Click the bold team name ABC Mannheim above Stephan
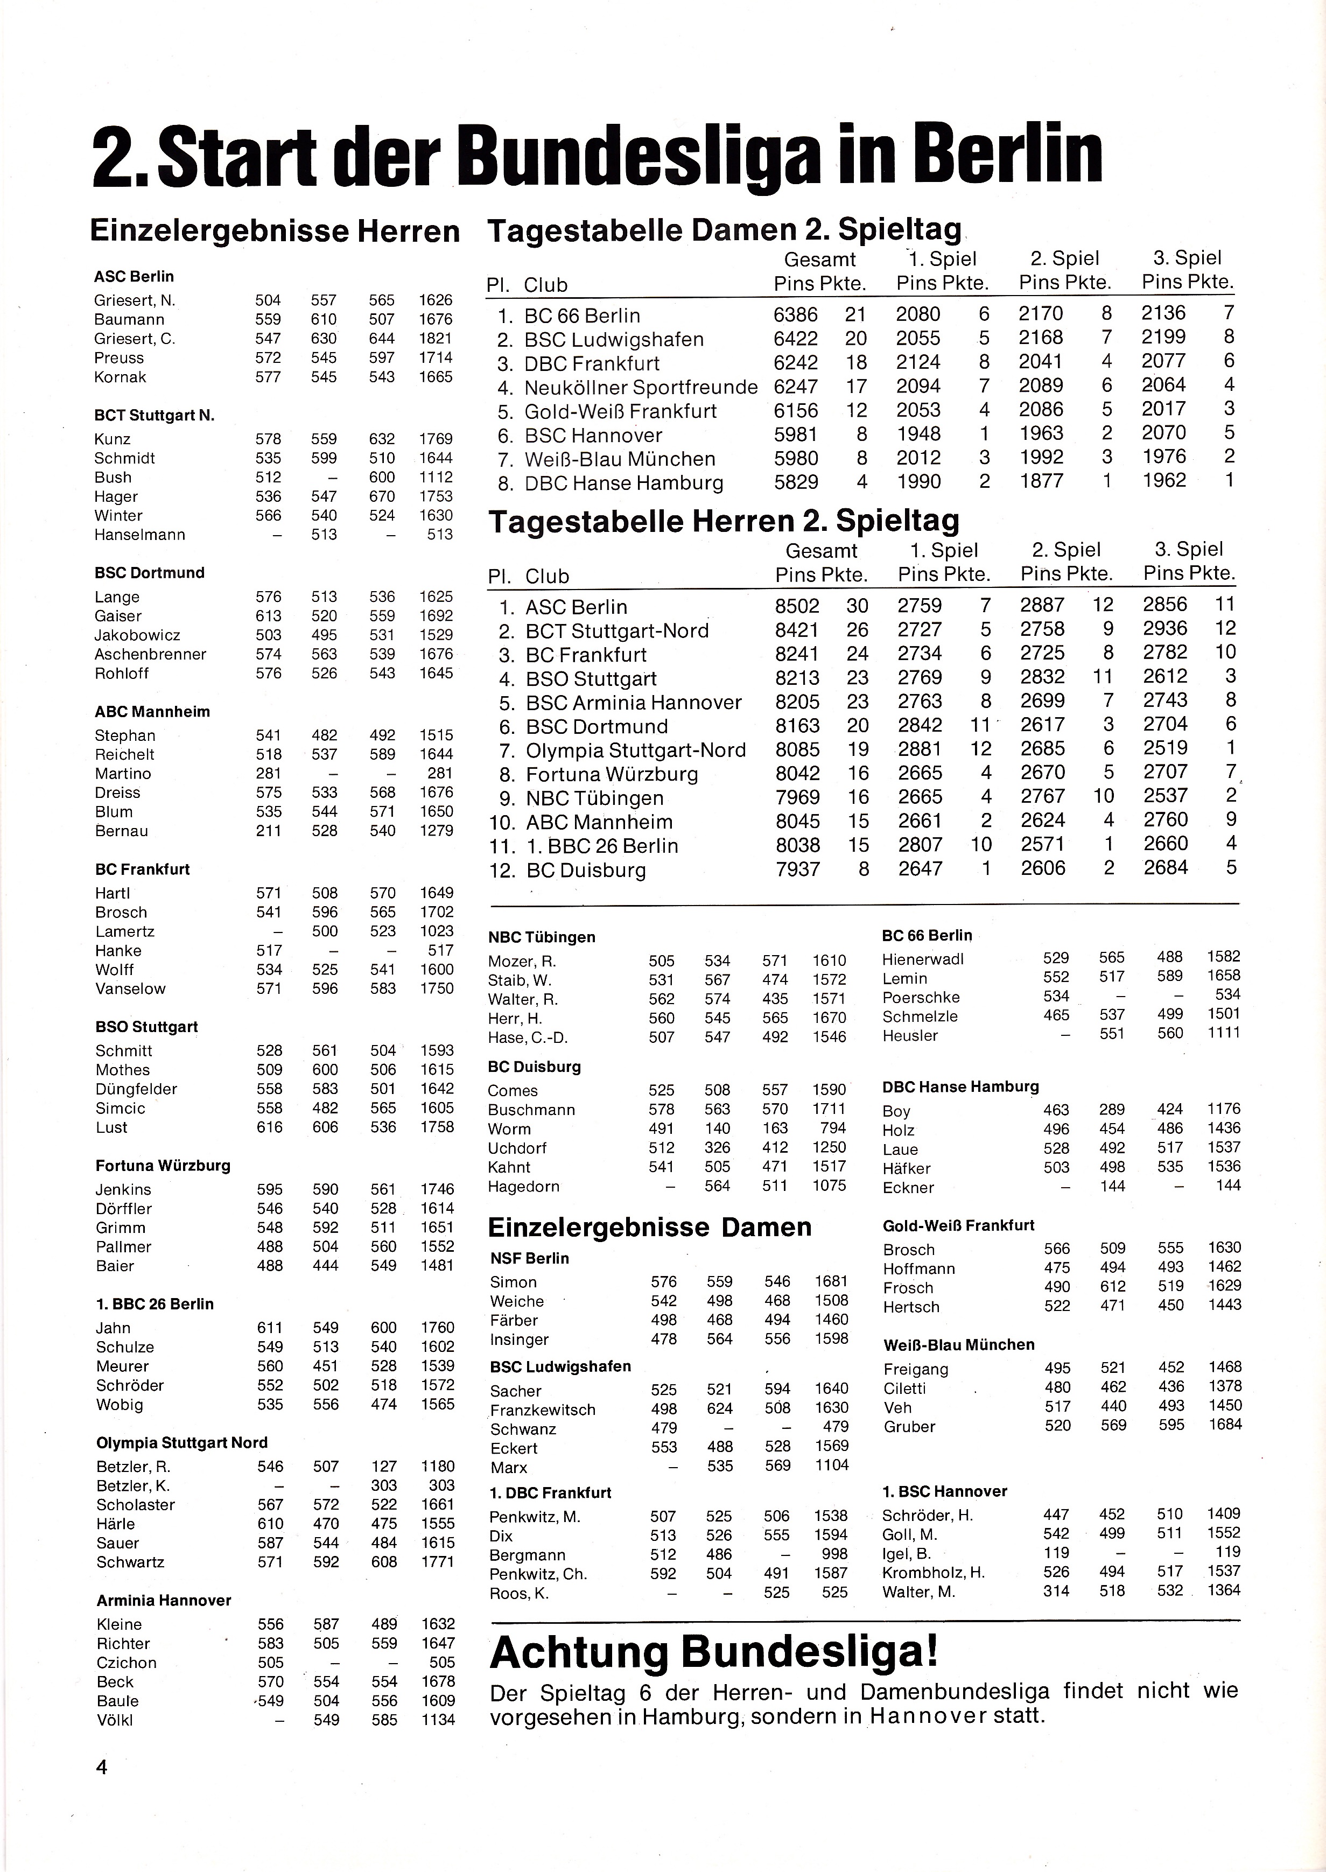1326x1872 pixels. [x=152, y=711]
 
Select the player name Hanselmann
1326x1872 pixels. [x=139, y=535]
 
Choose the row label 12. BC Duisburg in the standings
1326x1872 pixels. [x=567, y=870]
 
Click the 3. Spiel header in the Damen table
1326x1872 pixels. [x=1187, y=258]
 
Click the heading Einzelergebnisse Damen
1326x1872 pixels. [x=649, y=1227]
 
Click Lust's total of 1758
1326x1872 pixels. [x=437, y=1127]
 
